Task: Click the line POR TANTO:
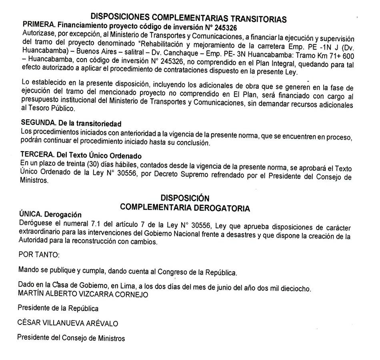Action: click(33, 254)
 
